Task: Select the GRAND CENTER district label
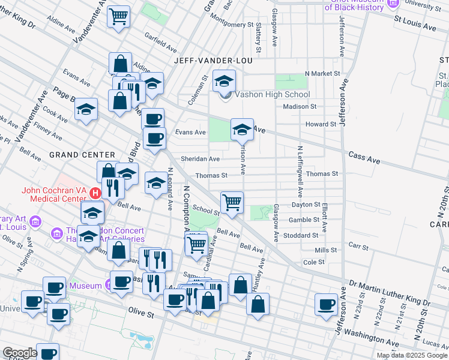pos(73,154)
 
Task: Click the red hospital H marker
pos(95,193)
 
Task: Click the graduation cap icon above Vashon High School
pos(224,80)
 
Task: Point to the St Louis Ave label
pos(415,27)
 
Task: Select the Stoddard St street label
pos(303,236)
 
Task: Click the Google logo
pos(20,353)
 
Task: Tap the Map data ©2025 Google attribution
pos(411,355)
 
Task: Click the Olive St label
pos(142,312)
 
